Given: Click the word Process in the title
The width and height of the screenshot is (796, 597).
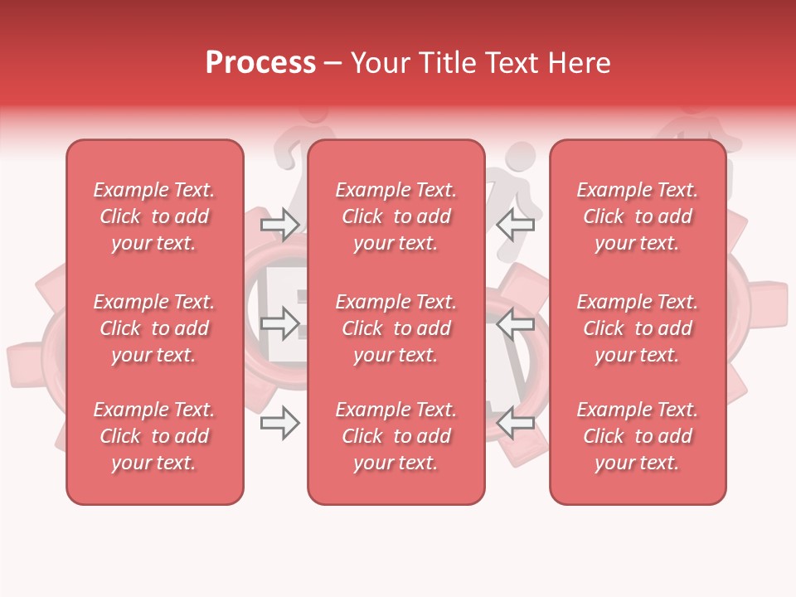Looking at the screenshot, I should tap(260, 63).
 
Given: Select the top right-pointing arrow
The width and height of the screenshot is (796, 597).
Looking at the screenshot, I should tap(279, 224).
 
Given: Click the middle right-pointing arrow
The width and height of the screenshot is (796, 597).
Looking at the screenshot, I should tap(279, 324).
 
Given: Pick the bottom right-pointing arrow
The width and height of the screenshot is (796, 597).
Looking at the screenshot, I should tap(279, 424).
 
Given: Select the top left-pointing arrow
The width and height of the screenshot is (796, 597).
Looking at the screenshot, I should tap(516, 224).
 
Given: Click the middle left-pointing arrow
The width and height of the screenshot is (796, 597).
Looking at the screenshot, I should tap(516, 324).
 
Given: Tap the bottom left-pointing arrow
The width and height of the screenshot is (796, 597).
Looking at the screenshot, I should tap(516, 424).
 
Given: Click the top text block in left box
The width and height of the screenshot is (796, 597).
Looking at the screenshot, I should tap(154, 216).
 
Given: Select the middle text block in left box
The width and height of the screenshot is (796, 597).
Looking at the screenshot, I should tap(154, 328).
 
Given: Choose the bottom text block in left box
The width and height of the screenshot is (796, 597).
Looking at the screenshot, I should tap(154, 436).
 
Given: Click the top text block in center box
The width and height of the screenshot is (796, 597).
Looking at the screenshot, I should tap(396, 216).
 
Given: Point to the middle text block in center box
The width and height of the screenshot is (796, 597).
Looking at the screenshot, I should tap(396, 328).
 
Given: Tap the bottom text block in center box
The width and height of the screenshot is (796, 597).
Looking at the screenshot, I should tap(396, 436).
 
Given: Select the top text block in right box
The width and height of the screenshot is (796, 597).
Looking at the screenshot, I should tap(638, 216).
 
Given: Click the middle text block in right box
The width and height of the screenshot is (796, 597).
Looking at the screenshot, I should tap(638, 328).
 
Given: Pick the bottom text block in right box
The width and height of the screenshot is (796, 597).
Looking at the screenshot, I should tap(638, 436).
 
